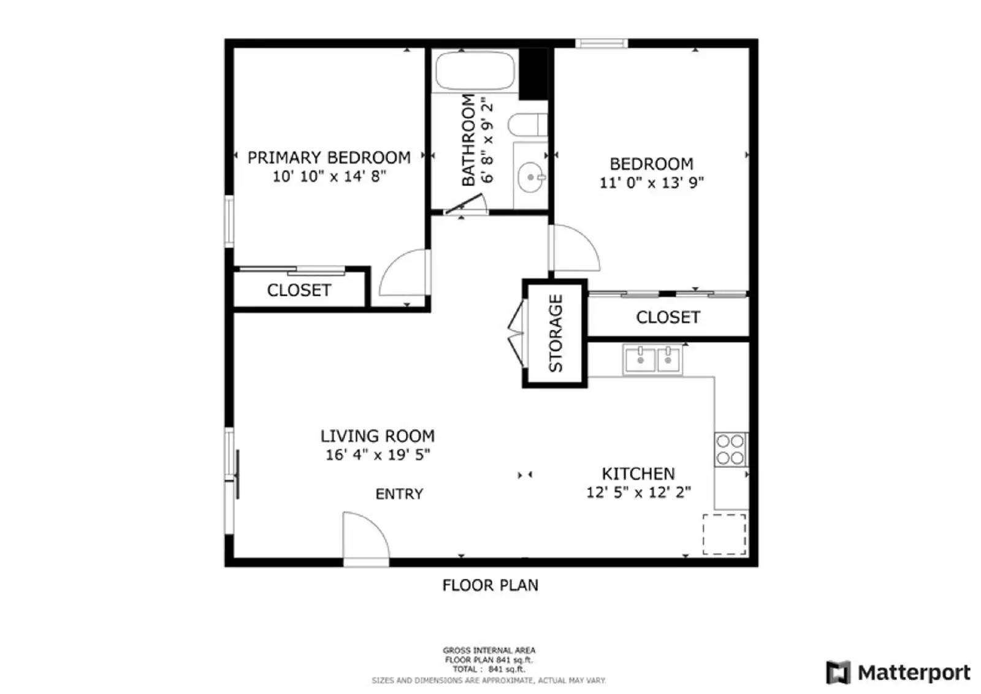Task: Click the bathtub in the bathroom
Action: [475, 72]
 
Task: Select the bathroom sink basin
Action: [530, 178]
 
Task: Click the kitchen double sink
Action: [652, 359]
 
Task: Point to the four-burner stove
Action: [730, 449]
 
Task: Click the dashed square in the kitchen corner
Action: [724, 535]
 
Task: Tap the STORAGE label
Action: [555, 334]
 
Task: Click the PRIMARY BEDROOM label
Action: [329, 158]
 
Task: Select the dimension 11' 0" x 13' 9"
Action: [651, 183]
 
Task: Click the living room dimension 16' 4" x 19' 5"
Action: [378, 455]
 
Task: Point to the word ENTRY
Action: [399, 494]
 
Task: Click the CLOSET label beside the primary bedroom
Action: [299, 290]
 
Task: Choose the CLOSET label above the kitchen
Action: [668, 318]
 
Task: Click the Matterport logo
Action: [898, 673]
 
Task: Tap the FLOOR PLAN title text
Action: [490, 585]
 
